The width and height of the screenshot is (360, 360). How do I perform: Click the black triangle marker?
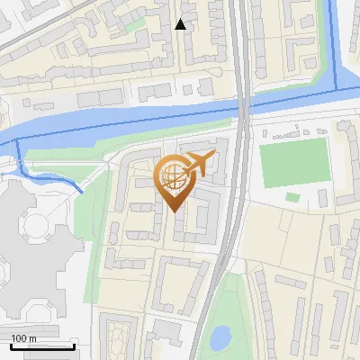coord(180,24)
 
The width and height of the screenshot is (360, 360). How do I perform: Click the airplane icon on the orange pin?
coord(198,165)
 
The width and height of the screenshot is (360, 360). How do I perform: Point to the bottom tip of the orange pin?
coord(174,212)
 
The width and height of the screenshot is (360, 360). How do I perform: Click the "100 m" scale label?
coord(23,338)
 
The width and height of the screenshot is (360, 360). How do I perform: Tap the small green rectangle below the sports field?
coord(292,197)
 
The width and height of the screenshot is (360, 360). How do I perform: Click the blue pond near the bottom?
coord(219,337)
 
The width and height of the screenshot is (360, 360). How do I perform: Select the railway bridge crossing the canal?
coord(243,108)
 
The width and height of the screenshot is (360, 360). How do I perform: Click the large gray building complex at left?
coord(31,243)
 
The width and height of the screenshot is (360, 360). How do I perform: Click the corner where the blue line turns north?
coord(337,88)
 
